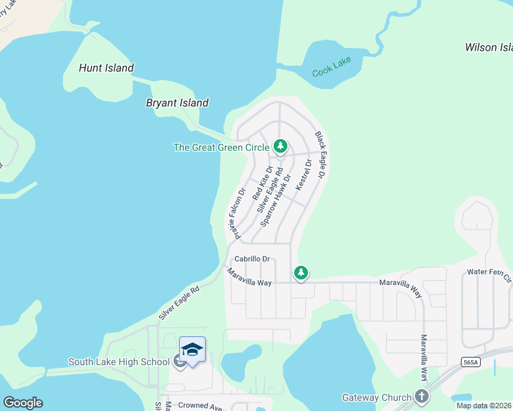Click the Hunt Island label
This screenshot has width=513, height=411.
coord(106,68)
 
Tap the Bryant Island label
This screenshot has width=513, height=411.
coord(177,103)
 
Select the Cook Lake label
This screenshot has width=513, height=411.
coord(331,66)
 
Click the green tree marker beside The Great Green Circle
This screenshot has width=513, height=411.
coord(280,146)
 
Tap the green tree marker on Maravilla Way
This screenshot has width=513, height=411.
coord(300,273)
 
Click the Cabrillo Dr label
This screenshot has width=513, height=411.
coord(252,259)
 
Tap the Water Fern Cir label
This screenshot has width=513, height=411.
coord(489,275)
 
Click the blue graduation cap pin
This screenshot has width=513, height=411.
coord(193,349)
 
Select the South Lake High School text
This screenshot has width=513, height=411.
coord(119,362)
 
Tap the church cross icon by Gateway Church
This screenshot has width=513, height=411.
coord(421,397)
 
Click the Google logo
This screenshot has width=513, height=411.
coord(23,403)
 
